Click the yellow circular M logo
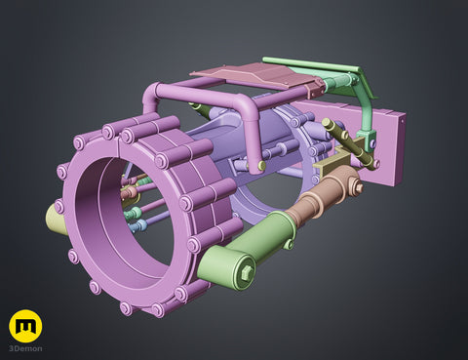(x=25, y=326)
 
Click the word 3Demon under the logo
(x=25, y=348)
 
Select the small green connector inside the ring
(x=134, y=213)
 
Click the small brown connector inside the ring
(x=130, y=192)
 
